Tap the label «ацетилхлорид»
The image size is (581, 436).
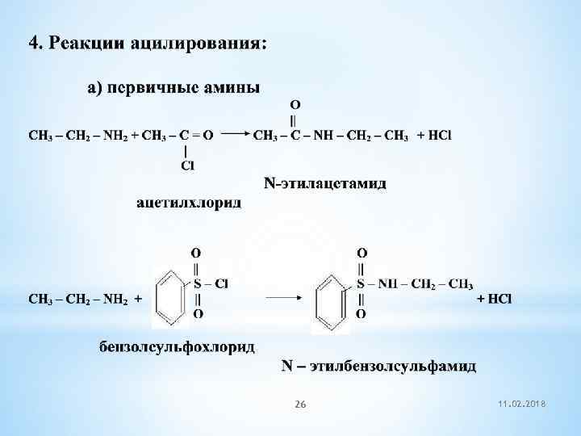[x=188, y=202]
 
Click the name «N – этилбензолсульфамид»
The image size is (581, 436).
[x=378, y=367]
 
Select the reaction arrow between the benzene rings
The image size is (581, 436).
[x=284, y=297]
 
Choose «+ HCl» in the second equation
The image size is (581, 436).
[x=494, y=299]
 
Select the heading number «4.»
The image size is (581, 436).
[x=36, y=43]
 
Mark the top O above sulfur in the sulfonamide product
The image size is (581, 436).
[x=362, y=253]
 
